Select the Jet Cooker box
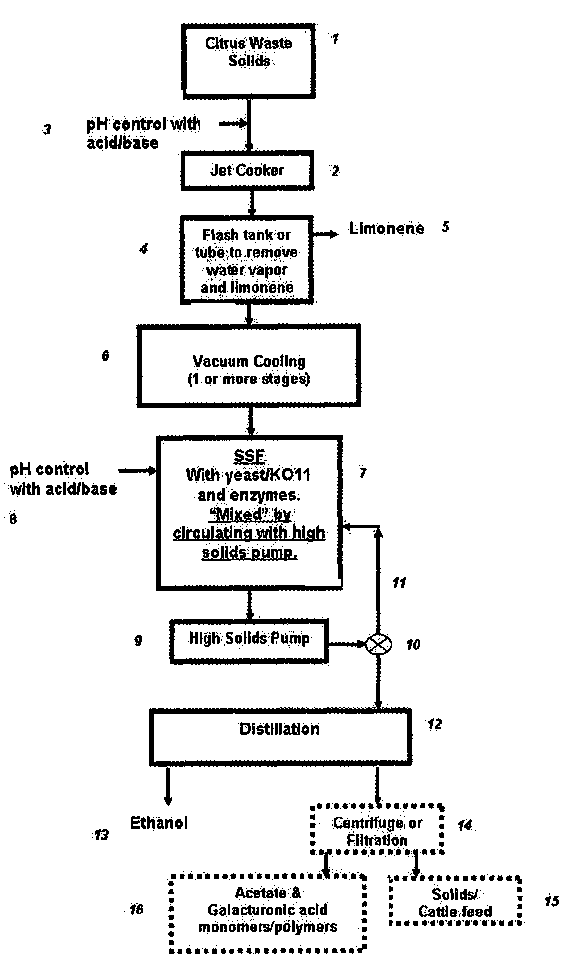tap(247, 170)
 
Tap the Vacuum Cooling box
tap(249, 366)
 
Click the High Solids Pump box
tap(249, 641)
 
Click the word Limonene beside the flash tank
tap(387, 228)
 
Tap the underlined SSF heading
tap(249, 456)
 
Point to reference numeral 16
tap(136, 909)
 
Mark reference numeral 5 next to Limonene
tap(445, 227)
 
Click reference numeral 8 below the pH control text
tap(13, 519)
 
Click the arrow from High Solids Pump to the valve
tap(347, 644)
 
